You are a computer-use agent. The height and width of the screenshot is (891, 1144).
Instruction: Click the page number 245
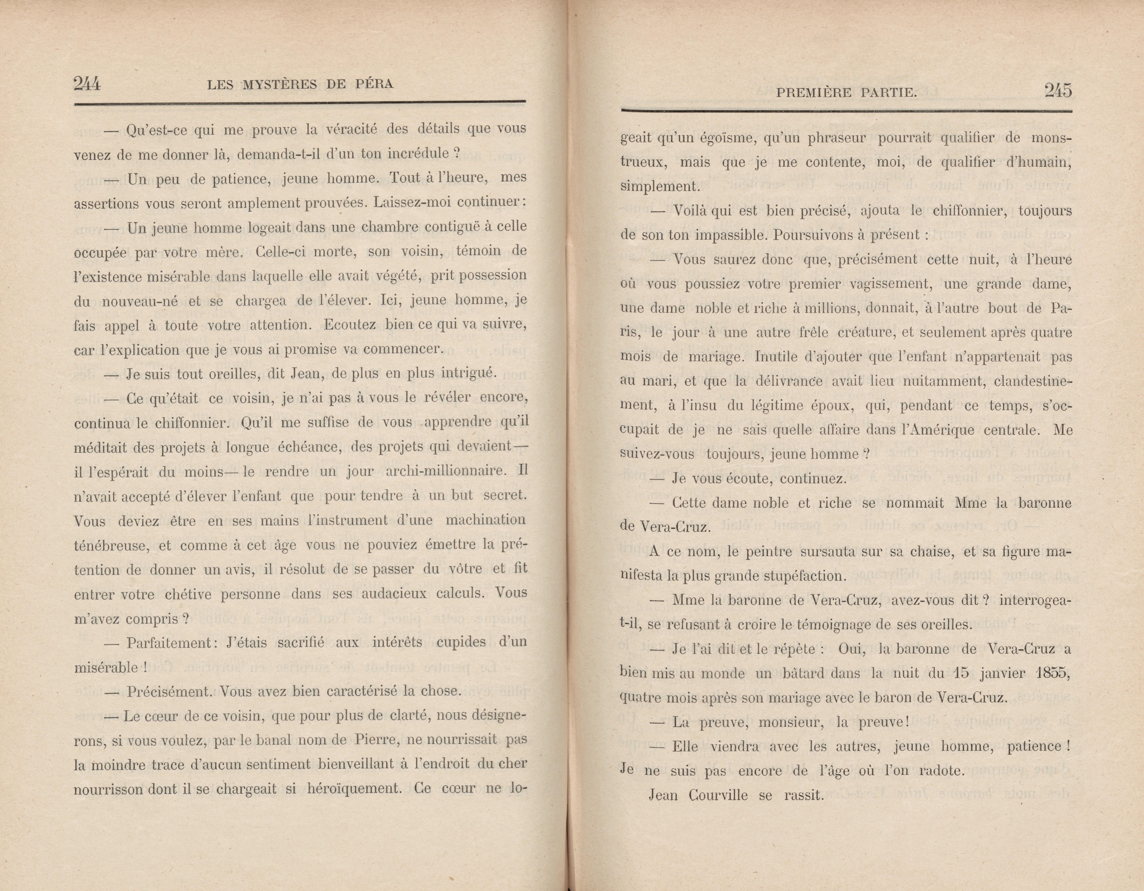[1058, 91]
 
